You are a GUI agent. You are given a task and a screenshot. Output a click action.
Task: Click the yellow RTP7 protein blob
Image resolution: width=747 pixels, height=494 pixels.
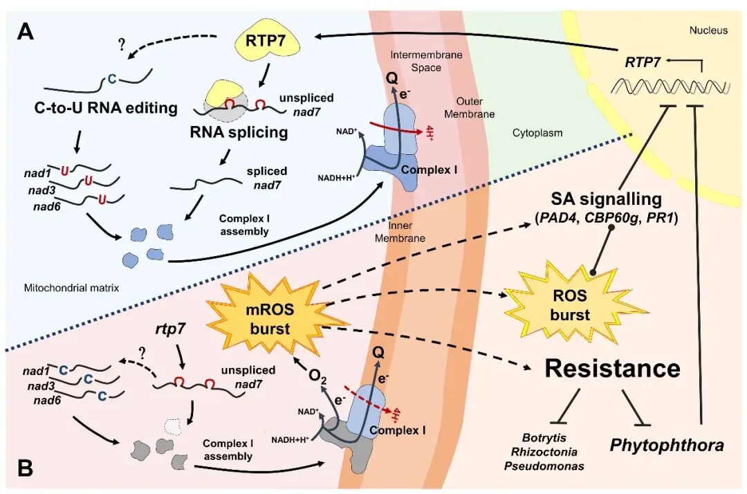269,43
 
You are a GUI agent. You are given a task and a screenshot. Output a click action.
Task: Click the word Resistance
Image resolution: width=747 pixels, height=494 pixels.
613,368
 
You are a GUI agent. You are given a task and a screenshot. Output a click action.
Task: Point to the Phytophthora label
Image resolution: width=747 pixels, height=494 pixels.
667,445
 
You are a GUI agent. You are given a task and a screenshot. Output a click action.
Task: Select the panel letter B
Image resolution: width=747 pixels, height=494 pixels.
25,468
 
